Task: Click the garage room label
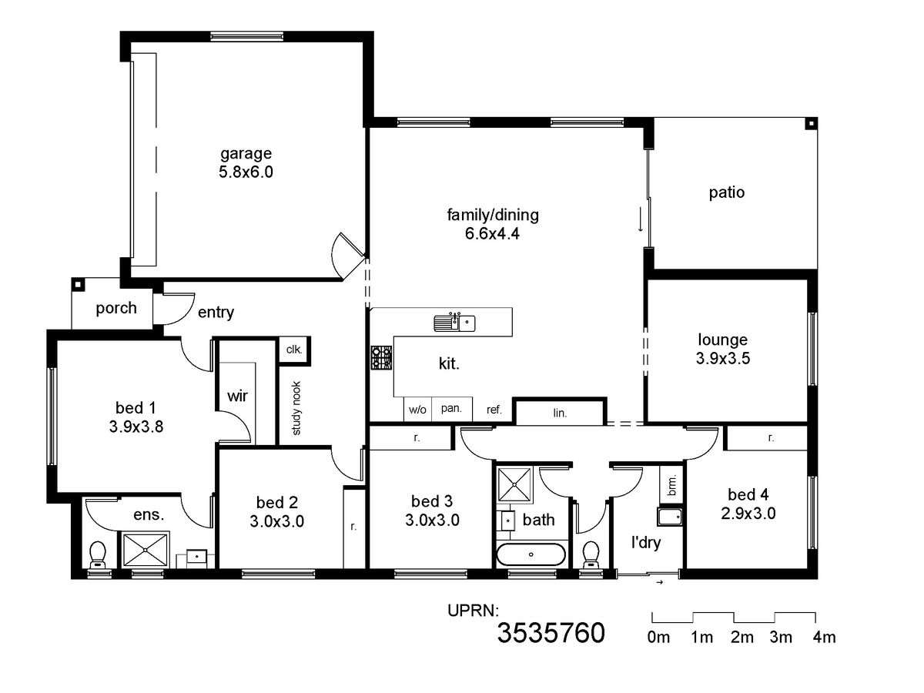[x=246, y=153]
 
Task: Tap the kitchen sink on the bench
[x=454, y=323]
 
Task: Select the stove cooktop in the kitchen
[x=381, y=357]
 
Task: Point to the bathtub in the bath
[x=531, y=554]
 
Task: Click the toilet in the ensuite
[x=98, y=554]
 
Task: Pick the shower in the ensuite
[x=145, y=550]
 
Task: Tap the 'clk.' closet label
[x=294, y=350]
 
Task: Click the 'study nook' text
[x=296, y=408]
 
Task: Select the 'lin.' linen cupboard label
[x=560, y=413]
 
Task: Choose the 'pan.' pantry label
[x=451, y=408]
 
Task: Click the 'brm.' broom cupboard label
[x=672, y=485]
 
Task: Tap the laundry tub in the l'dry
[x=669, y=517]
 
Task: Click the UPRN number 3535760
[x=551, y=633]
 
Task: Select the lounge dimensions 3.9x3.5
[x=723, y=359]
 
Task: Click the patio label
[x=727, y=192]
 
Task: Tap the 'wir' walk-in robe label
[x=237, y=396]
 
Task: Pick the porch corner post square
[x=78, y=284]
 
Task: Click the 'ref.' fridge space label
[x=494, y=410]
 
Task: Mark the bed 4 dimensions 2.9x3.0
[x=748, y=514]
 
